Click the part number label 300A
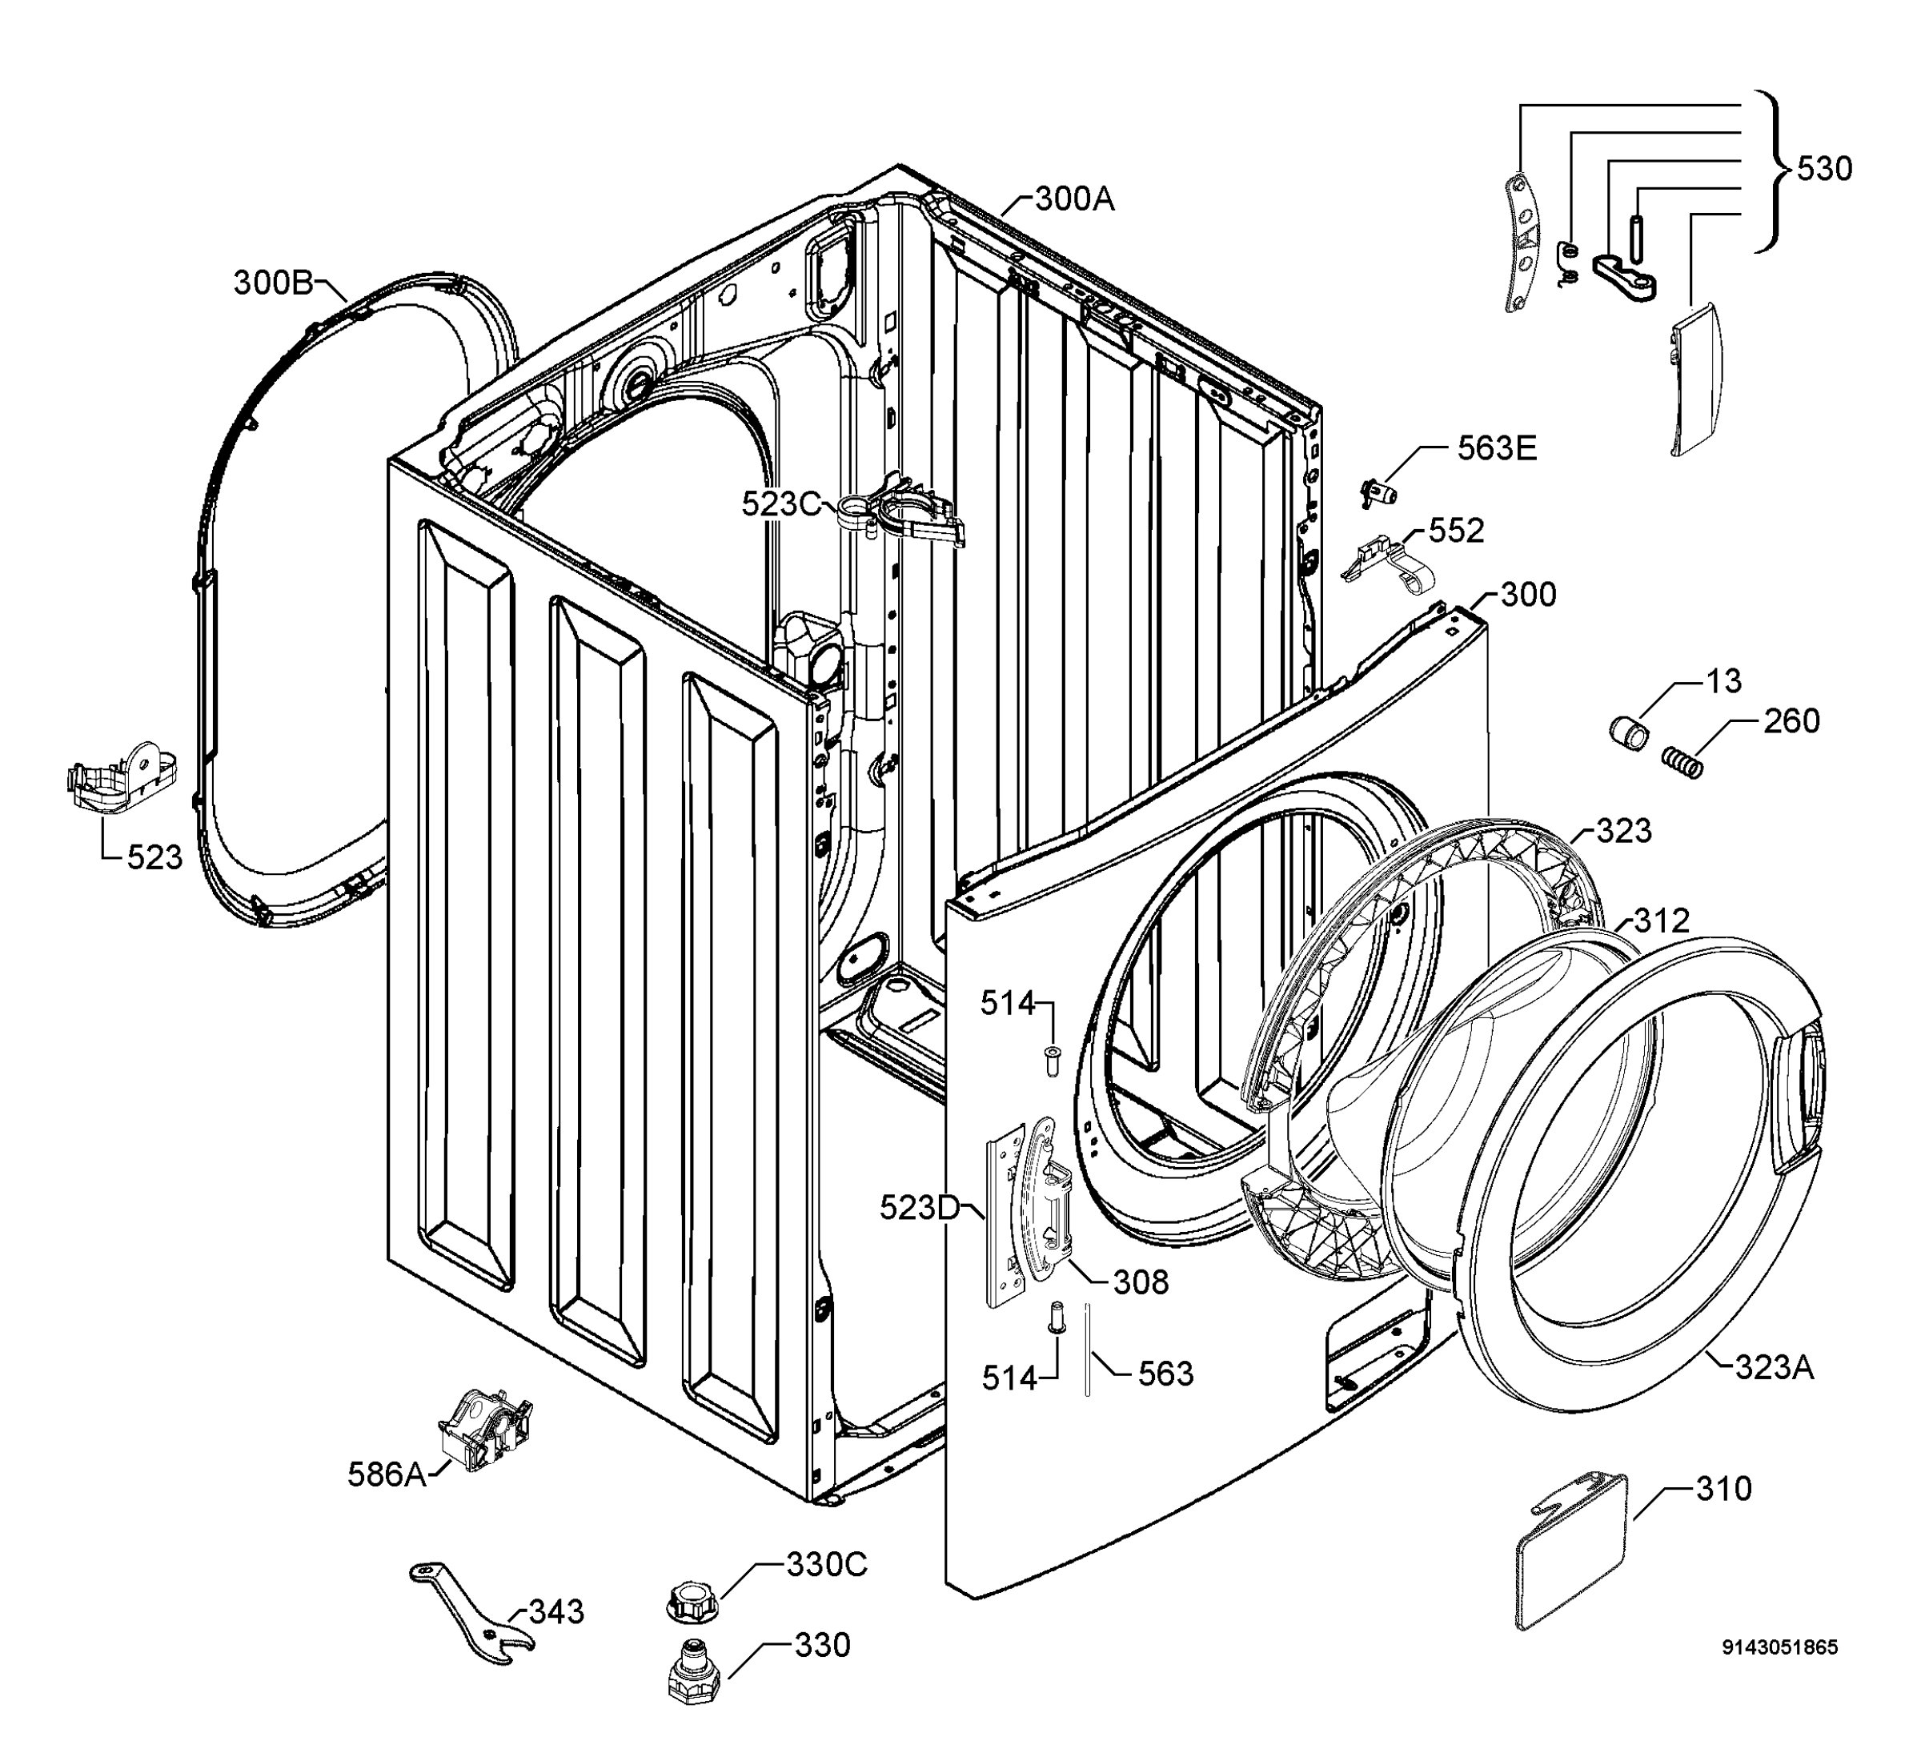tap(1074, 199)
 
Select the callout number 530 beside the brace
tap(1825, 169)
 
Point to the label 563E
tap(1497, 448)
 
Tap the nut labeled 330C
tap(692, 1600)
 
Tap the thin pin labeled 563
tap(1086, 1351)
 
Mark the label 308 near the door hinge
tap(1141, 1282)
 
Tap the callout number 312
tap(1662, 921)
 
